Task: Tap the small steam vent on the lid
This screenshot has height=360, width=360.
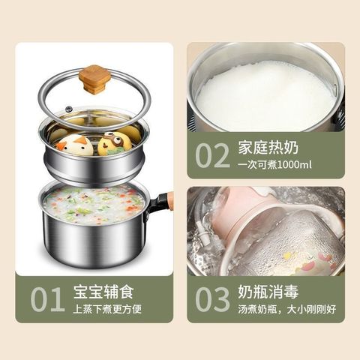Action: [x=68, y=109]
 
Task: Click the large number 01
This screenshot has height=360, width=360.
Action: [x=46, y=299]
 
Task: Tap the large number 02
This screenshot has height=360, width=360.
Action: [x=212, y=155]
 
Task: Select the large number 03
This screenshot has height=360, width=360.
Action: [x=212, y=299]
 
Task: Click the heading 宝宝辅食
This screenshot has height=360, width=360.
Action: [x=103, y=291]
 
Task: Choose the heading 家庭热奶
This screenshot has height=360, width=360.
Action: [x=268, y=148]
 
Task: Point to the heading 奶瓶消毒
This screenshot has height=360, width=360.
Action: [x=268, y=292]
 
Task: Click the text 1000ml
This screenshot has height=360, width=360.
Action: [x=295, y=165]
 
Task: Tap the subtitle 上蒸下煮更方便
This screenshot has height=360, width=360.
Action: [x=107, y=309]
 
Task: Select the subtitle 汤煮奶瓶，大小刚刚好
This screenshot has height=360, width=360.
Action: [x=287, y=309]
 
